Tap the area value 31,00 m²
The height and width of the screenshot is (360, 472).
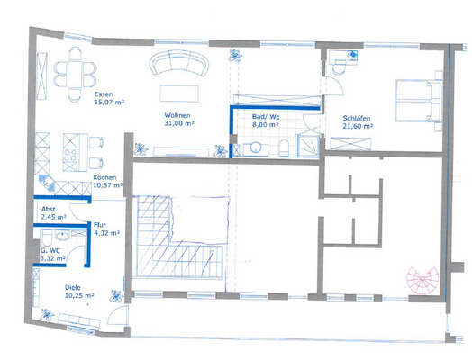pyautogui.click(x=180, y=124)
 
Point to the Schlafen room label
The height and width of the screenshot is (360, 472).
pyautogui.click(x=358, y=118)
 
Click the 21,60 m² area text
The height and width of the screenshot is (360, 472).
pyautogui.click(x=359, y=127)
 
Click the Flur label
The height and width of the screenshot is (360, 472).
pyautogui.click(x=101, y=225)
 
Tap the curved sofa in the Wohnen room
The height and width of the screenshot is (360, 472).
pyautogui.click(x=179, y=64)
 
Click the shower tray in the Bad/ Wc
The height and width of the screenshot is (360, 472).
pyautogui.click(x=310, y=145)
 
